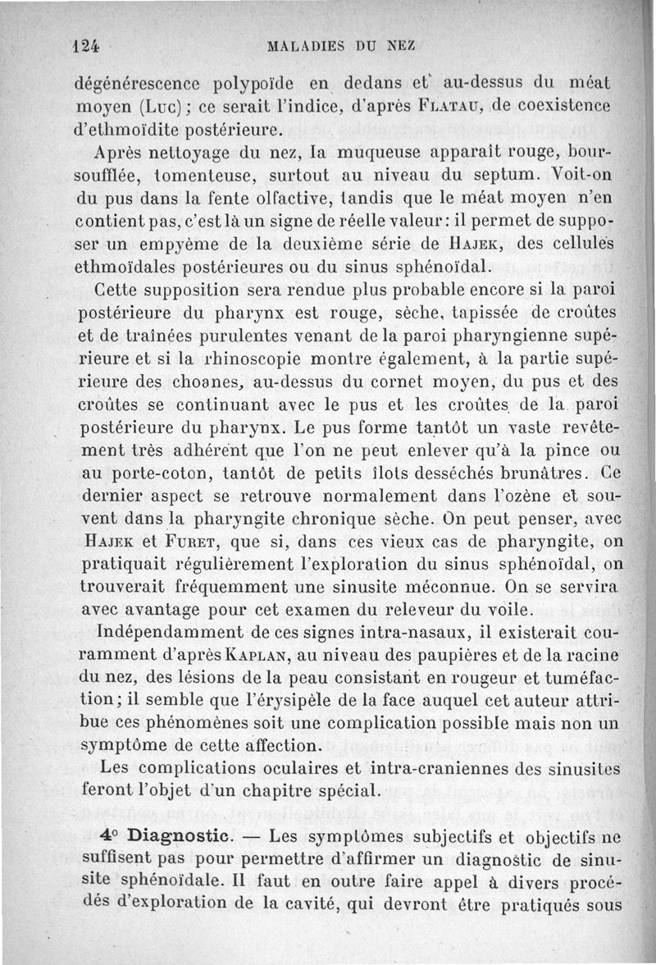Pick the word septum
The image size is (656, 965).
(x=487, y=175)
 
